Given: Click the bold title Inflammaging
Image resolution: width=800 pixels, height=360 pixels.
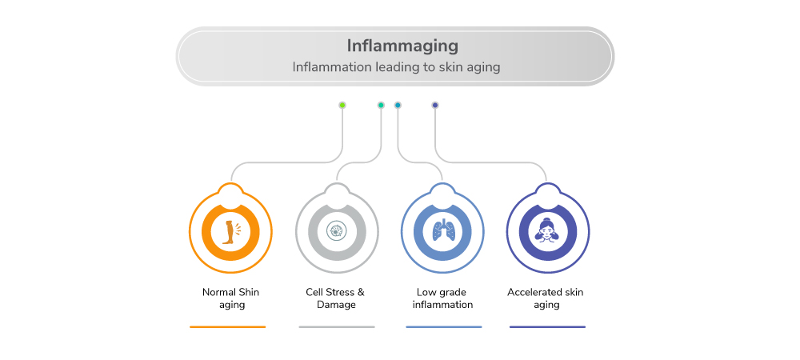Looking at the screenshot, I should (x=396, y=45).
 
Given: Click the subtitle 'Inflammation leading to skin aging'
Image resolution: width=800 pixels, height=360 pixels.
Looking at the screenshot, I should (x=396, y=67).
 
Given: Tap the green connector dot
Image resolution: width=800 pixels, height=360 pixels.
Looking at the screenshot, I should (x=342, y=105).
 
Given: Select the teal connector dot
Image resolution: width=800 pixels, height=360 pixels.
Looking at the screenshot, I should (x=381, y=105).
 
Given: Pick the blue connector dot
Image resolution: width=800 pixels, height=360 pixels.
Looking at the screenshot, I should (x=398, y=105).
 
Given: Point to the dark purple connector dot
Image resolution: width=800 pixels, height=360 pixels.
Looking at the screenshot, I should (x=435, y=105).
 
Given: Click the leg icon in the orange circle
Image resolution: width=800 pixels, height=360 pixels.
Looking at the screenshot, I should (x=230, y=231).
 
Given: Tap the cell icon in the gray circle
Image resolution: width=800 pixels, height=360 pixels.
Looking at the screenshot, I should (x=337, y=231).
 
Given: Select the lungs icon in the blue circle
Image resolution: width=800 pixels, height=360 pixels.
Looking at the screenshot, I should (x=442, y=231).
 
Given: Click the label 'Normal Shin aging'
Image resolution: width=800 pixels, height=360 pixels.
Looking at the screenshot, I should (x=230, y=298).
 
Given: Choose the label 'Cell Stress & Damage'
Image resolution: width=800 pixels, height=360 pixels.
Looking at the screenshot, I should (x=336, y=298).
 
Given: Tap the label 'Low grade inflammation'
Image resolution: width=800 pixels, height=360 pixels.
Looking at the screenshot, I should (x=442, y=298).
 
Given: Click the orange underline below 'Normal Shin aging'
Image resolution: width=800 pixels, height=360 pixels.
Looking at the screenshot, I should (x=228, y=326).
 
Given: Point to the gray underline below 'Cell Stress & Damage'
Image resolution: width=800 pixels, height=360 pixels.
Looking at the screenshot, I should (x=337, y=326).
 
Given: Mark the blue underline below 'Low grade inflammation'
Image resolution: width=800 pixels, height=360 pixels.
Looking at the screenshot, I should (x=444, y=326).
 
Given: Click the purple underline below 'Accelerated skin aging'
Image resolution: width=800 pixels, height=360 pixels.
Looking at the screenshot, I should (x=547, y=326).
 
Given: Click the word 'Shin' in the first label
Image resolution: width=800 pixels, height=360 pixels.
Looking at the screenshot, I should (x=249, y=292).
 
